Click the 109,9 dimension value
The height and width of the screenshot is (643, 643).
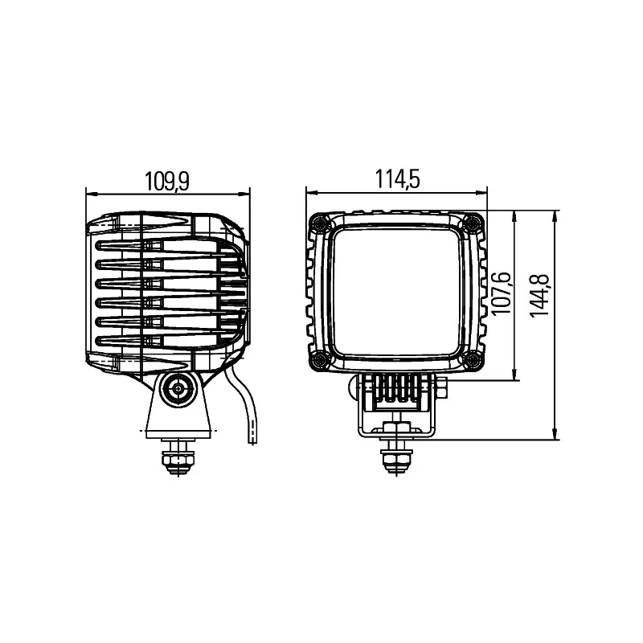[167, 181]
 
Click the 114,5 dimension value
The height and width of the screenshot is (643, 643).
[398, 180]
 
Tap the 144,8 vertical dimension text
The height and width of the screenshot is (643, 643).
[541, 294]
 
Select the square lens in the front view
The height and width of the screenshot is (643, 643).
[397, 290]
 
